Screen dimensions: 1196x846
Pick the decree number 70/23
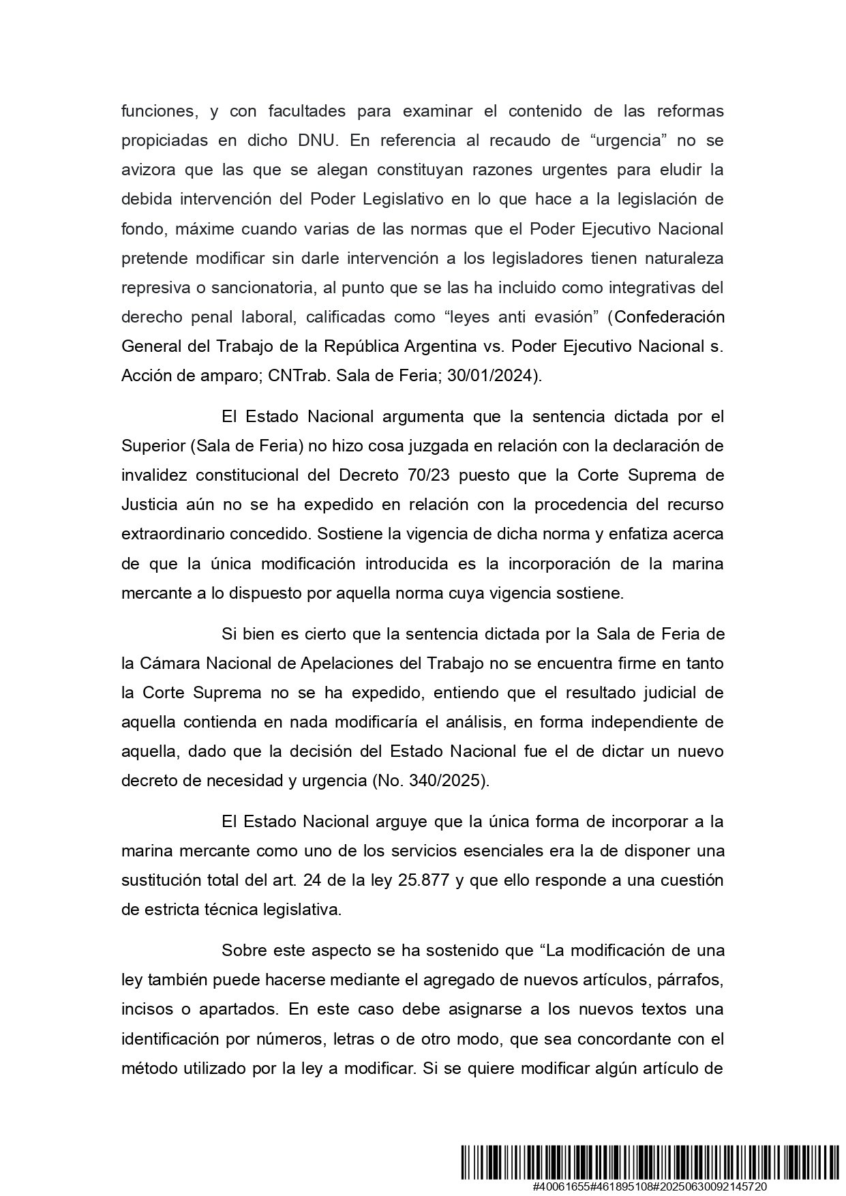[428, 475]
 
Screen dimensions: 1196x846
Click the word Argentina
[440, 346]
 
